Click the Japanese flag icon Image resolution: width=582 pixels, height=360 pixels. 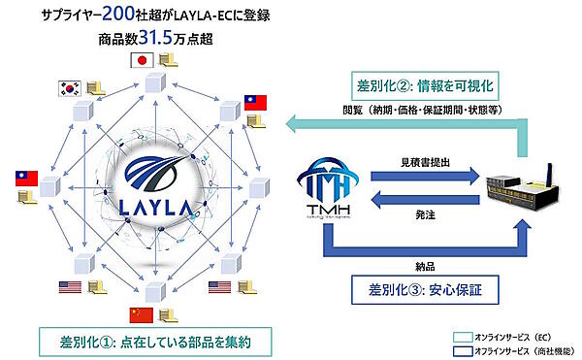click(x=143, y=60)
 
